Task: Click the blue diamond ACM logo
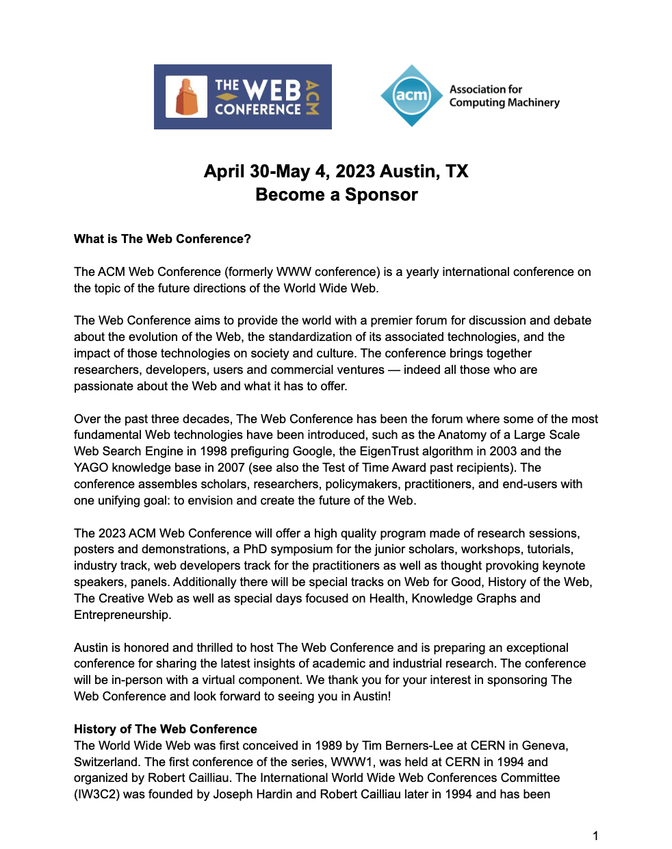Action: click(x=411, y=96)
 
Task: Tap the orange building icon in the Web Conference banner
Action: click(x=187, y=97)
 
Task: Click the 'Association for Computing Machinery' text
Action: click(x=504, y=96)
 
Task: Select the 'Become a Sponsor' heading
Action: click(x=336, y=194)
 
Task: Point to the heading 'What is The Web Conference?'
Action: click(x=162, y=239)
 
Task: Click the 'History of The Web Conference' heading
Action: click(x=166, y=729)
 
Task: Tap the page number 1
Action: click(x=595, y=835)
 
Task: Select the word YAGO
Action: click(x=91, y=468)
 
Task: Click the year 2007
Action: click(x=231, y=468)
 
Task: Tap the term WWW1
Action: click(x=352, y=762)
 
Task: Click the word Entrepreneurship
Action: click(x=122, y=615)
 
